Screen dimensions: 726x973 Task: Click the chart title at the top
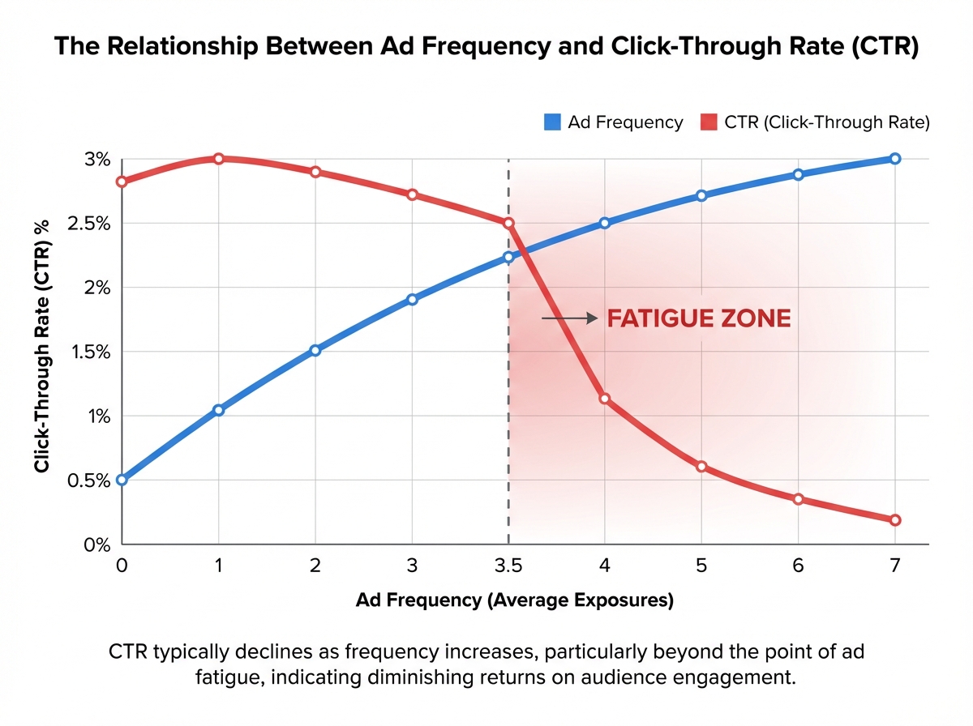486,46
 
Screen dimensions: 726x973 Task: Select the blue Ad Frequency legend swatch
554,122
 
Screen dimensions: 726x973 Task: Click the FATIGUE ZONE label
699,318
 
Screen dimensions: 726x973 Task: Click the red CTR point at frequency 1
218,159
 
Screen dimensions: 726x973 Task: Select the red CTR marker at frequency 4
605,399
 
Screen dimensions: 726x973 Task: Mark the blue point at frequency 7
895,159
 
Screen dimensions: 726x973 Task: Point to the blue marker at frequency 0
122,480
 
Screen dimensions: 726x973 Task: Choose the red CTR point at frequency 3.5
508,223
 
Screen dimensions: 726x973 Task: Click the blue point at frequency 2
315,350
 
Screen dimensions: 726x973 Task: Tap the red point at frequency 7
895,520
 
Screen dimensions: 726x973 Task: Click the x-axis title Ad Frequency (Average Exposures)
515,601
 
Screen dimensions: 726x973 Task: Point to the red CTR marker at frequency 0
122,181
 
